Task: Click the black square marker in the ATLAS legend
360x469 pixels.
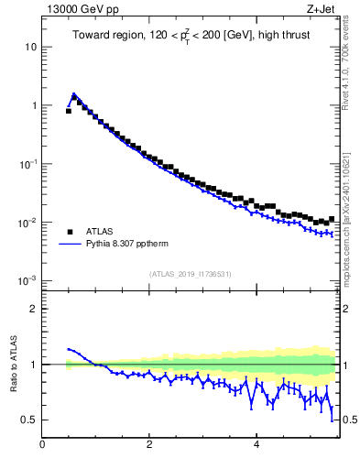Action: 69,232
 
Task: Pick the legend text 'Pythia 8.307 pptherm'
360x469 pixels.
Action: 129,245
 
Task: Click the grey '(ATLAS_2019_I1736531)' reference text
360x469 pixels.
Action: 191,273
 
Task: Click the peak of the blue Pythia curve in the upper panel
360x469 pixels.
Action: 73,93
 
